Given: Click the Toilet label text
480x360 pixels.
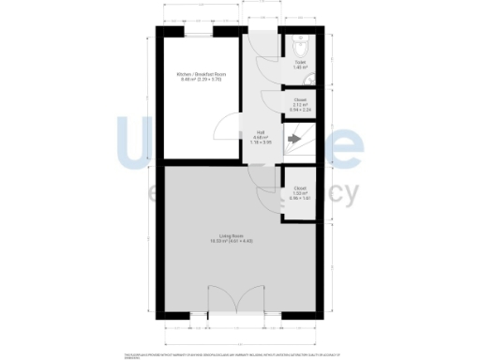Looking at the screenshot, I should tap(299, 62).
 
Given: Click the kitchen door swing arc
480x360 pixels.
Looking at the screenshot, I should tap(225, 133).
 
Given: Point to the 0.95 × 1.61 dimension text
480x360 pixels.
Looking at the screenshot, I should tap(300, 199).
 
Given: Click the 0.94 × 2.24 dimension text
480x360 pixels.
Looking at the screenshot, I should tap(299, 107).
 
